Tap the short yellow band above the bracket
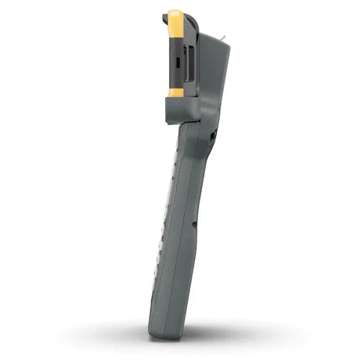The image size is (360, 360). click(176, 92)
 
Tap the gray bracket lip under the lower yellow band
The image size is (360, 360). click(181, 110)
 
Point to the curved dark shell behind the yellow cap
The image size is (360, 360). click(192, 31)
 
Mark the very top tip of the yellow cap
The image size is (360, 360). click(175, 11)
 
